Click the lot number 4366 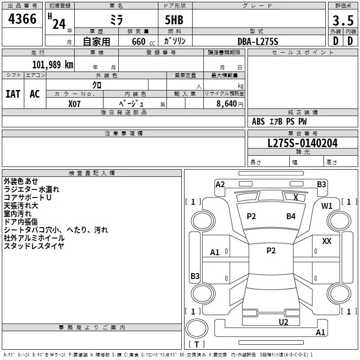click(22, 19)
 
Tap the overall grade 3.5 click(343, 20)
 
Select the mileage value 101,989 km click(53, 64)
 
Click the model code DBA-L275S click(258, 41)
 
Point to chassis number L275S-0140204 click(302, 143)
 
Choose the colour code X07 click(74, 104)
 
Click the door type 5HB click(174, 20)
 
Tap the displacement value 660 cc click(143, 42)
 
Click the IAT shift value click(13, 94)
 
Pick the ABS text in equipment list click(258, 121)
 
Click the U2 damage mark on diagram click(283, 322)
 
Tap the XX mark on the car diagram click(327, 241)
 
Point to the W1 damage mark click(327, 206)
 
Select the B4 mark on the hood click(291, 216)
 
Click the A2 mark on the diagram click(220, 184)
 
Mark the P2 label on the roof click(271, 251)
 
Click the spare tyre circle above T click(197, 328)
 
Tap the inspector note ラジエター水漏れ click(31, 189)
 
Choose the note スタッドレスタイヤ click(34, 246)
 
